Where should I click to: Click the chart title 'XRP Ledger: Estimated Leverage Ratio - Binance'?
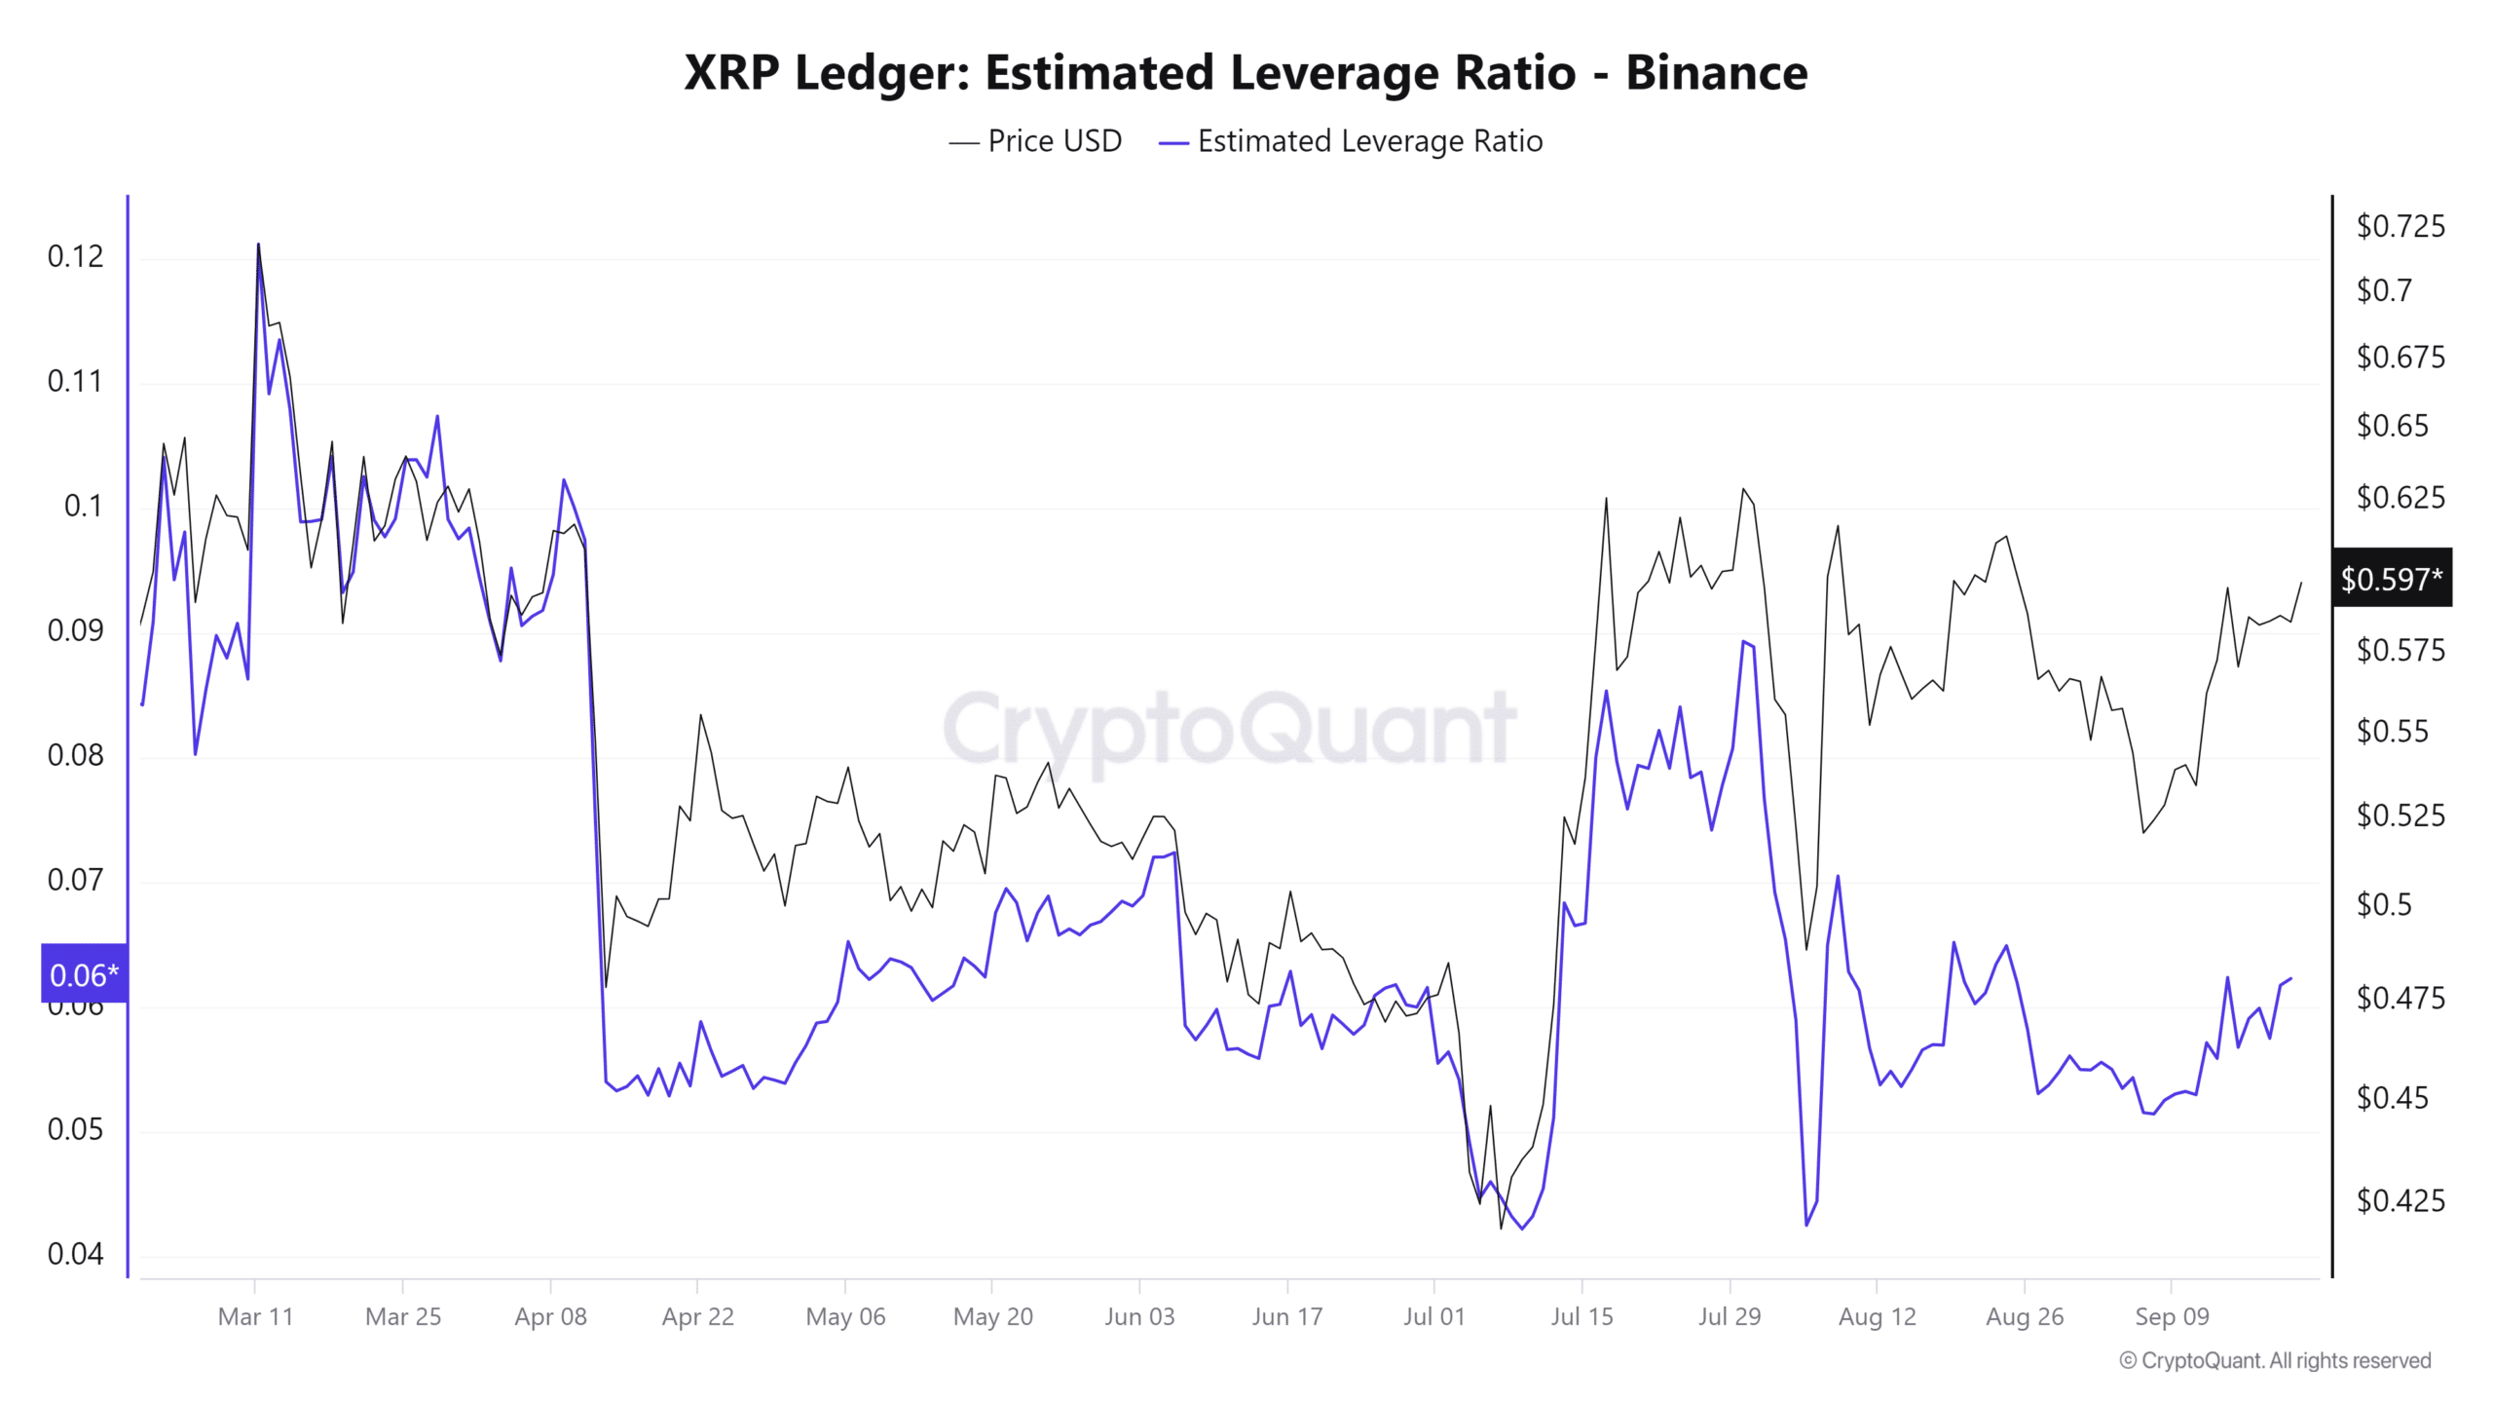coord(1246,72)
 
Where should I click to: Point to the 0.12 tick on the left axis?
coord(75,256)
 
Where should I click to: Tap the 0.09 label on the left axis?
coord(75,630)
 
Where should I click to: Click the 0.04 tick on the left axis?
coord(75,1254)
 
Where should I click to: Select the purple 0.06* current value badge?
coord(84,973)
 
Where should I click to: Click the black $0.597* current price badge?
coord(2391,579)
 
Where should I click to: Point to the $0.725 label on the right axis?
coord(2400,226)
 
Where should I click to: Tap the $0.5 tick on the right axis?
coord(2384,904)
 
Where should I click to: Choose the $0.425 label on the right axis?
coord(2400,1199)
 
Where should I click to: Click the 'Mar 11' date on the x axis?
coord(255,1316)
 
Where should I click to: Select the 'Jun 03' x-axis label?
coord(1139,1316)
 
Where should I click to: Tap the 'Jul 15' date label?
coord(1581,1316)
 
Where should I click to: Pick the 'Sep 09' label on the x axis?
coord(2172,1316)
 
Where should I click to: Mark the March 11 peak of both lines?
coord(258,245)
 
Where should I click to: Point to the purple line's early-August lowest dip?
coord(1806,1225)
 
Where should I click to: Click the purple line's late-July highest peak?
coord(1744,642)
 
